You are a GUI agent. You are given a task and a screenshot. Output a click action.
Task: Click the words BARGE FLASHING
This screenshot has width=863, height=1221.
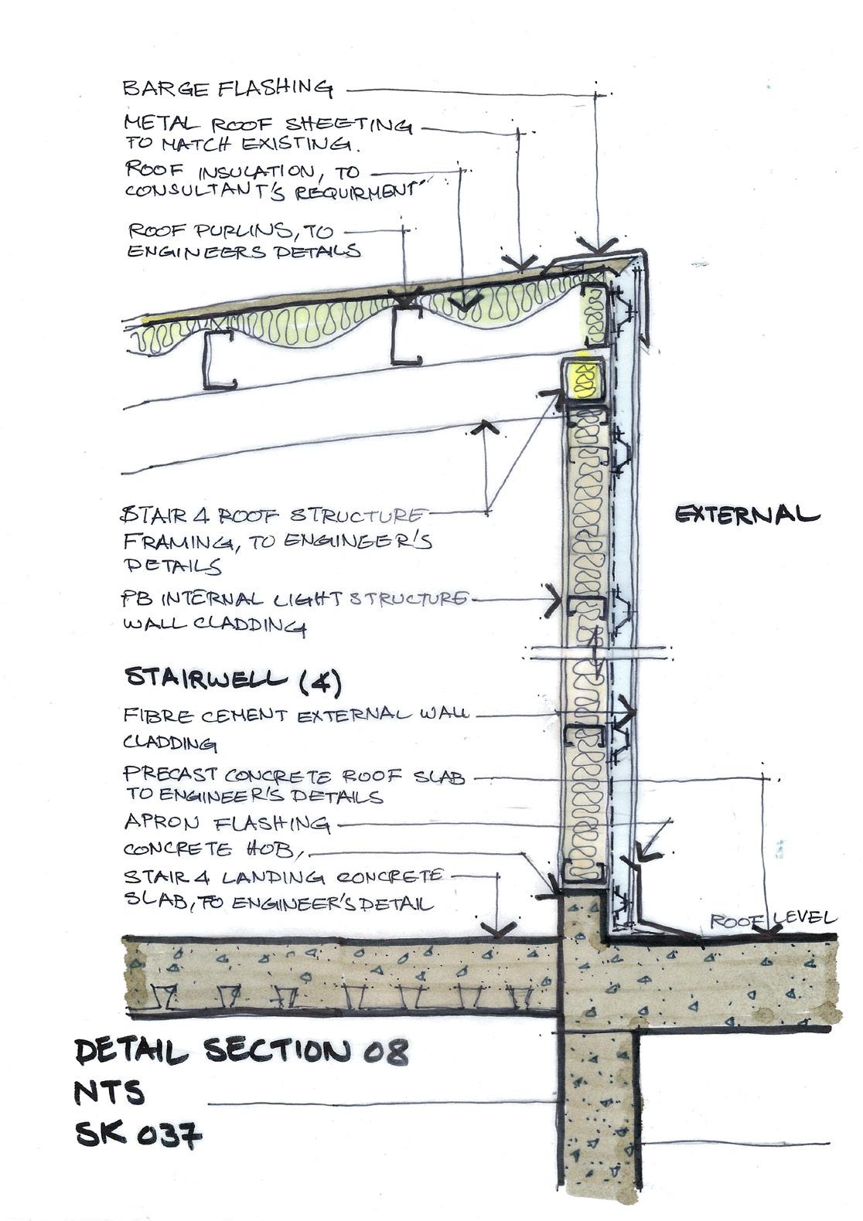coord(227,88)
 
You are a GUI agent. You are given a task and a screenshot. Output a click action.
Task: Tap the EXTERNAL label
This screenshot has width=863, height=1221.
coord(746,515)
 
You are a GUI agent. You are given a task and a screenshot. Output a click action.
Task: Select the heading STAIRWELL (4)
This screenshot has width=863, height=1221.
coord(232,679)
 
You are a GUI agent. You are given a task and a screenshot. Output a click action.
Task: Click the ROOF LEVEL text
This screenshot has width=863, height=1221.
coord(773,920)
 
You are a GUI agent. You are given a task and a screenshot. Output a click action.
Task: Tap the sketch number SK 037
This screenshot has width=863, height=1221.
coord(138,1135)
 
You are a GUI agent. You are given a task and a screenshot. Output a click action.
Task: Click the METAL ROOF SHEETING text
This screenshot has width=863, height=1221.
coord(268,125)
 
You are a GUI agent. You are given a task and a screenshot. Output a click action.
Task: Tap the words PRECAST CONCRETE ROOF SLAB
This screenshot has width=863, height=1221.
coord(294,777)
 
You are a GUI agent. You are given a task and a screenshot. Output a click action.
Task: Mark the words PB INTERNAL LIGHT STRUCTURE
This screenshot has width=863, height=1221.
coord(294,600)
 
